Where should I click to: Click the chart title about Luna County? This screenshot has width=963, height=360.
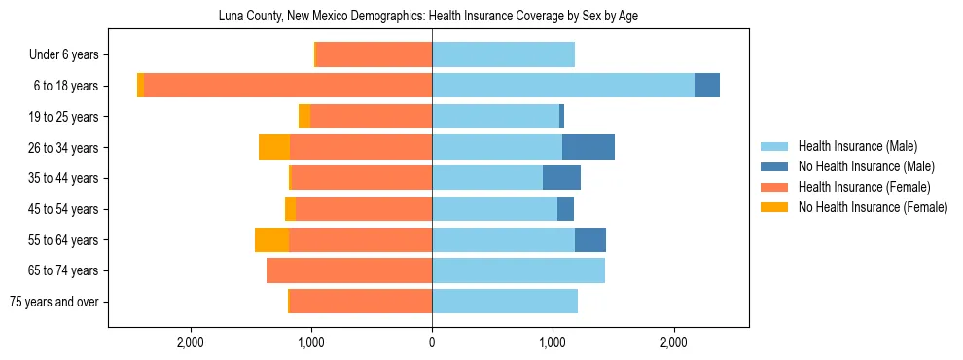428,17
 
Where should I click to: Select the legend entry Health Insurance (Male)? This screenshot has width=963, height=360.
856,146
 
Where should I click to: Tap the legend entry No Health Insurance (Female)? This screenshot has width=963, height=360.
873,207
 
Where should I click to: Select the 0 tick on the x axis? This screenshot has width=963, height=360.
432,342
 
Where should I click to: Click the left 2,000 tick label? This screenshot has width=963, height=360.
190,342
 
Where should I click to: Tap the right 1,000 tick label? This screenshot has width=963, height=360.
553,342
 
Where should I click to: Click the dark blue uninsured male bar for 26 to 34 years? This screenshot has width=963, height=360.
588,147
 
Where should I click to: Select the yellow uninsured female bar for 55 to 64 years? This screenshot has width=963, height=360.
271,239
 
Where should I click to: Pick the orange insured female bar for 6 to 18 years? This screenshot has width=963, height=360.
288,86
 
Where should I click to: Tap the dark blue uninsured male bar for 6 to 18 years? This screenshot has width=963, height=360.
707,86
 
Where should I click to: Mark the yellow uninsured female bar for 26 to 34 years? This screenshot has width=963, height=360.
274,147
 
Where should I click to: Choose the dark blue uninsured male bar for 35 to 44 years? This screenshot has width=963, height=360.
561,178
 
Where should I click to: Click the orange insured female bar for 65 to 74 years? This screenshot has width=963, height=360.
349,270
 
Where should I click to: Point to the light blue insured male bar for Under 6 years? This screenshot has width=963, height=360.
503,54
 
